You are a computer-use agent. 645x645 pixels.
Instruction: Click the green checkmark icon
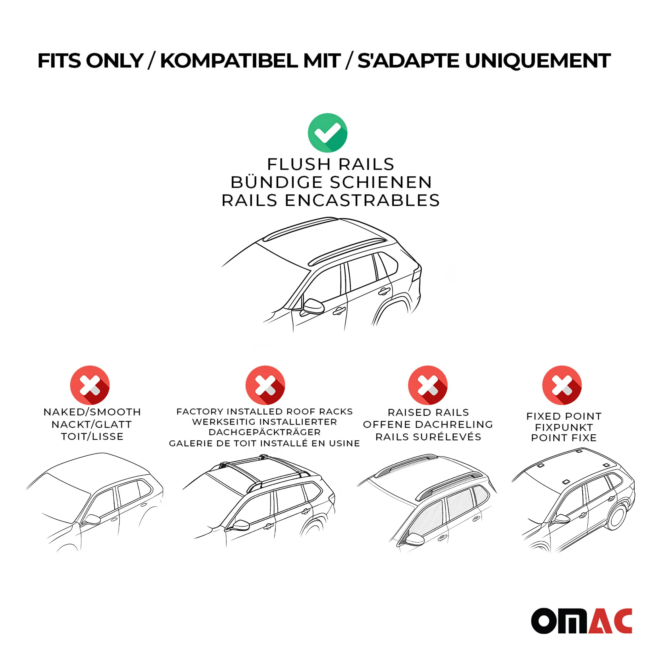pyautogui.click(x=328, y=133)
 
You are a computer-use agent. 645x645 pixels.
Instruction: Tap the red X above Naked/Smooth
pyautogui.click(x=90, y=385)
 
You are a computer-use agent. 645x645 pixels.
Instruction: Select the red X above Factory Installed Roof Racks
pyautogui.click(x=265, y=385)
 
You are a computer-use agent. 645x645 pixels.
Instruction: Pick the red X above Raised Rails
pyautogui.click(x=428, y=385)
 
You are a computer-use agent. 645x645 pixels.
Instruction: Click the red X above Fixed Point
pyautogui.click(x=562, y=385)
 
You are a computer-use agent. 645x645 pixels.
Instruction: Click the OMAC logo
pyautogui.click(x=582, y=621)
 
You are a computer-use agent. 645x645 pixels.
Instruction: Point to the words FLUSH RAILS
pyautogui.click(x=330, y=164)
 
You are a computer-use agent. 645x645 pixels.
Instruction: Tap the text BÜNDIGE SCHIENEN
pyautogui.click(x=331, y=182)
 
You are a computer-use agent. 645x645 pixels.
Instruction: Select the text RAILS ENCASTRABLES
pyautogui.click(x=330, y=200)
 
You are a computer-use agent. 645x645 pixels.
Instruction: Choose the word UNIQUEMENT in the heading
pyautogui.click(x=538, y=61)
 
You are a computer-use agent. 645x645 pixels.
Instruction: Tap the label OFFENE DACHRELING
pyautogui.click(x=428, y=424)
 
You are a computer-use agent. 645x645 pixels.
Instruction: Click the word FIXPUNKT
pyautogui.click(x=564, y=427)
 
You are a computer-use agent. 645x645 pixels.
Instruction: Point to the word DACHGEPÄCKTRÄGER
pyautogui.click(x=265, y=432)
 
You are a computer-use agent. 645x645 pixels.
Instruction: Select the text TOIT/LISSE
pyautogui.click(x=92, y=436)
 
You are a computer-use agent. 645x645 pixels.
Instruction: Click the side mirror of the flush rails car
pyautogui.click(x=312, y=307)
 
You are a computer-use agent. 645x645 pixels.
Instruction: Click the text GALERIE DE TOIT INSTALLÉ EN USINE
pyautogui.click(x=265, y=443)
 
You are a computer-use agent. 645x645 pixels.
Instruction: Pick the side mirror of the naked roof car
pyautogui.click(x=92, y=520)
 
